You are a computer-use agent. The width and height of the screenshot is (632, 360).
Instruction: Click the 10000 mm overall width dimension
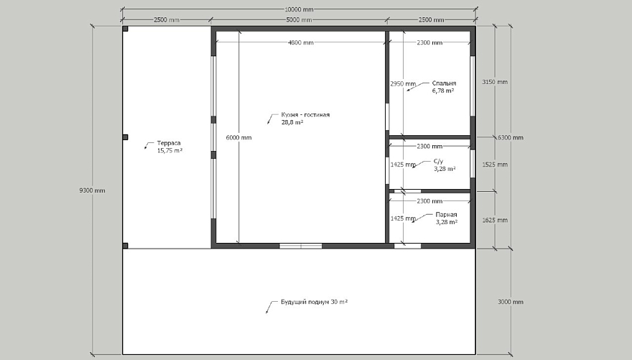(299, 9)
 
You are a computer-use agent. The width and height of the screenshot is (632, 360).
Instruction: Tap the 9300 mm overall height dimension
(93, 190)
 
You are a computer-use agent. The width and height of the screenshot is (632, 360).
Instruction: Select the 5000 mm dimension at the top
(299, 19)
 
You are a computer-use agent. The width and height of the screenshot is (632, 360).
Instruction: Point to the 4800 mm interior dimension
(301, 42)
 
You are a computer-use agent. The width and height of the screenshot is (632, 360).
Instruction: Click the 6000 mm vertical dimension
(238, 137)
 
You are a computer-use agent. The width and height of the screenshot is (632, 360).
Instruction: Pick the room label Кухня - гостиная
(305, 114)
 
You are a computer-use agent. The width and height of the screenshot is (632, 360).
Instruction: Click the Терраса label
(169, 143)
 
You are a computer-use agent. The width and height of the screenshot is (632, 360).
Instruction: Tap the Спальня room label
(444, 83)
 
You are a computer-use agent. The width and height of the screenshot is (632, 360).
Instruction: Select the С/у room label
(439, 161)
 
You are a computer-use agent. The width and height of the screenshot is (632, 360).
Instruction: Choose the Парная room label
(446, 214)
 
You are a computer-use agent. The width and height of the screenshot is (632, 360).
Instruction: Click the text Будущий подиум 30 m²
(315, 302)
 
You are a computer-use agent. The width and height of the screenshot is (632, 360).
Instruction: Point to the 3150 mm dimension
(495, 82)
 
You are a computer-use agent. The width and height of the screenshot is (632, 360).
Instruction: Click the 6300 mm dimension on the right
(511, 137)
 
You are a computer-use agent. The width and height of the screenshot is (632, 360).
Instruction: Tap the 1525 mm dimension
(495, 165)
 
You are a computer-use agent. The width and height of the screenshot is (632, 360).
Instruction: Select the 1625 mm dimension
(495, 220)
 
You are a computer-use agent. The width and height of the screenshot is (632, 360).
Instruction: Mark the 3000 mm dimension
(511, 302)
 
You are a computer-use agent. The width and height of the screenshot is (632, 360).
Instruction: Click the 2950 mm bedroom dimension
(403, 84)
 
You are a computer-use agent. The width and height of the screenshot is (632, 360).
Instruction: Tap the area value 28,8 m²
(292, 121)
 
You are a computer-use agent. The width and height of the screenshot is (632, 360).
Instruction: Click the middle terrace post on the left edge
(126, 137)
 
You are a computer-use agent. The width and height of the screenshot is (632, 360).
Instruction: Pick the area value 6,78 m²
(443, 91)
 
